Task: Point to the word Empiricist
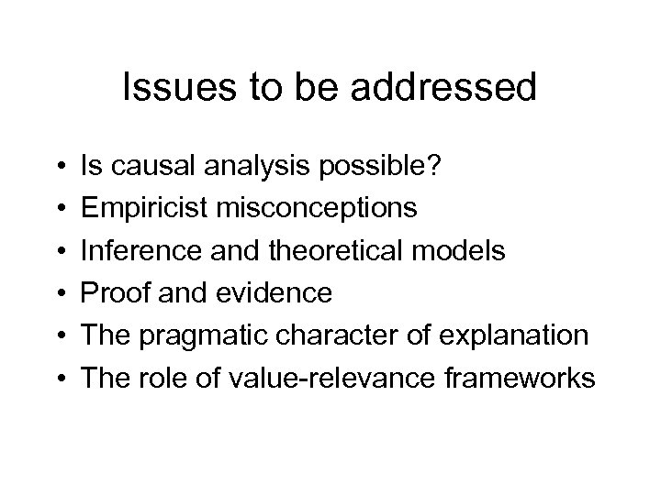[145, 209]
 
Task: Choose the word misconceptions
[317, 209]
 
